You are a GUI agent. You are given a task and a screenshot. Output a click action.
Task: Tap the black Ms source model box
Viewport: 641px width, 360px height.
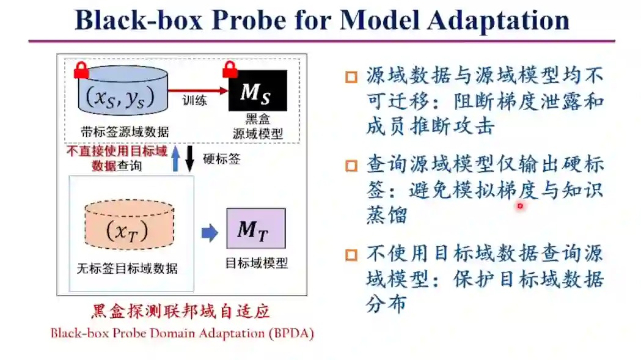coord(257,91)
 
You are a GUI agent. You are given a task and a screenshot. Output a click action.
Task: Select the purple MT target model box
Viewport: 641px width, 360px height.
coord(255,229)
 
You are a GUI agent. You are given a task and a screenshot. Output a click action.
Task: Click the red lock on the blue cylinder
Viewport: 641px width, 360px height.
coord(81,70)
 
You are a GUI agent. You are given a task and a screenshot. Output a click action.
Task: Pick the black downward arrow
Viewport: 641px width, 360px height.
coord(189,158)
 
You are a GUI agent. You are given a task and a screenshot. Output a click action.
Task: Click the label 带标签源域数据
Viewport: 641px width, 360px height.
coord(125,131)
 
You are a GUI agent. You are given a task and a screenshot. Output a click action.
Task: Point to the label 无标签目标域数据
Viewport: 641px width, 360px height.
coord(127,268)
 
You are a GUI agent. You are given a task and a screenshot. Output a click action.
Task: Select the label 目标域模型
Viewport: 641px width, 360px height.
coord(256,263)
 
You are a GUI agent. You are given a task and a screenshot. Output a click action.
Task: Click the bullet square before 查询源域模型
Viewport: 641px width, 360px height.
coord(351,166)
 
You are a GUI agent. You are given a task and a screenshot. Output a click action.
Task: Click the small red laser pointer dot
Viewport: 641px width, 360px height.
coord(520,207)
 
